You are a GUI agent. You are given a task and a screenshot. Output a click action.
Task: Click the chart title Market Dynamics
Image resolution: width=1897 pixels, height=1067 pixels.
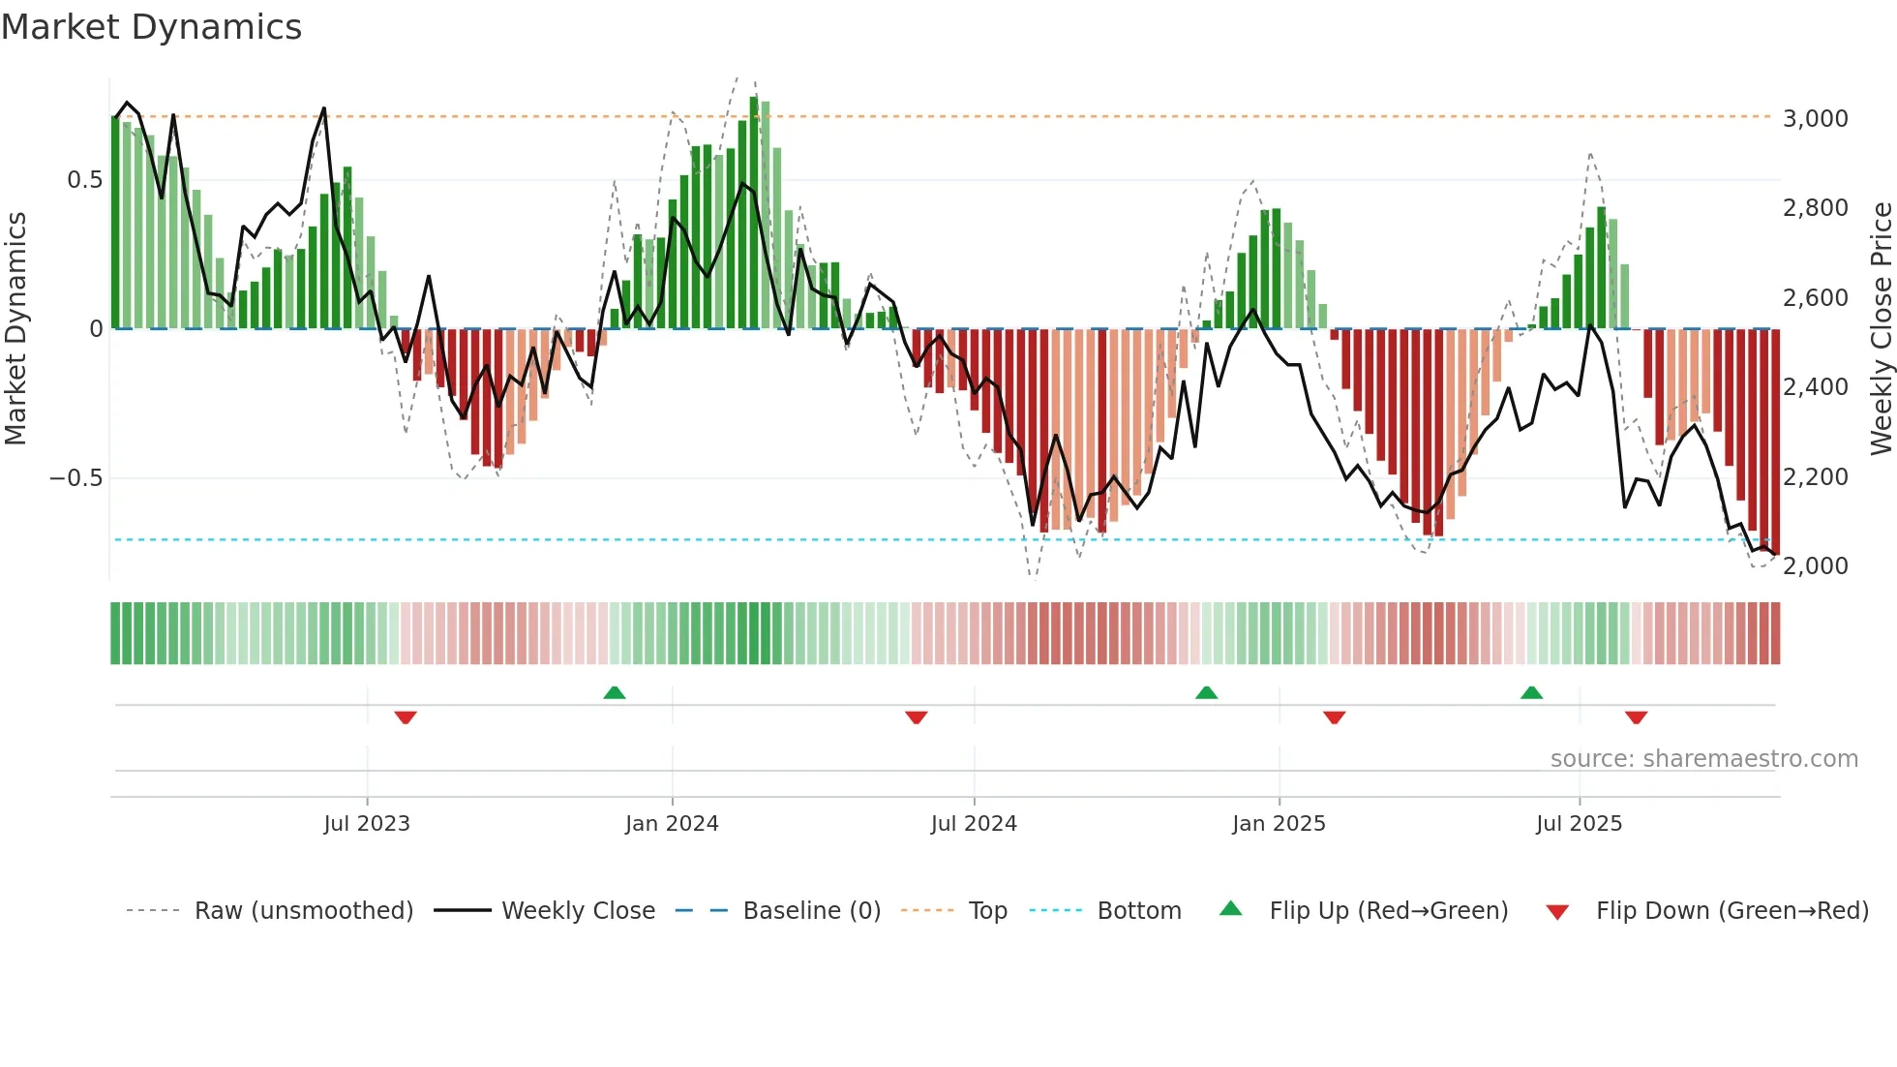coord(151,27)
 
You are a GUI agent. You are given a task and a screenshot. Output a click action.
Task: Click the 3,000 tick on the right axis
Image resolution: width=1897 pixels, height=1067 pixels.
coord(1815,118)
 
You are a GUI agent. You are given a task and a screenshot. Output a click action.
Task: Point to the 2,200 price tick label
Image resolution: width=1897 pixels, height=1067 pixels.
coord(1815,476)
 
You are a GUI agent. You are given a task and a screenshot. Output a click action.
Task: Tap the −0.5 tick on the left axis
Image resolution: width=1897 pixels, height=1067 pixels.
coord(75,478)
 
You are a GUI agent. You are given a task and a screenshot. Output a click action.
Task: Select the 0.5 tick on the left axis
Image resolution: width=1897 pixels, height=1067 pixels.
coord(84,180)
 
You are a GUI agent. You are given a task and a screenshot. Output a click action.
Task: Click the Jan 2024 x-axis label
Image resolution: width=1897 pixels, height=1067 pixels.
coord(672,824)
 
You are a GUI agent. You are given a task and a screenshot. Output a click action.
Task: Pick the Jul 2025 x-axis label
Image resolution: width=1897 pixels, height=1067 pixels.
coord(1579,824)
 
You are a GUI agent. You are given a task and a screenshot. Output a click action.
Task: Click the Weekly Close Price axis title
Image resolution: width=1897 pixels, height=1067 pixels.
coord(1881,328)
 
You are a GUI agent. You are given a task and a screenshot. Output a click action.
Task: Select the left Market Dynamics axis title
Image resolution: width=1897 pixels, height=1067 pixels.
coord(15,328)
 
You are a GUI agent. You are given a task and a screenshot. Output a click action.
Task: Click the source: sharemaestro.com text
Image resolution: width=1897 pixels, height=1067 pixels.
coord(1703,759)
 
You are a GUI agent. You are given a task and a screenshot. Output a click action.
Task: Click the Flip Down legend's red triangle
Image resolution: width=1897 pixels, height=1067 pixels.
coord(1557,912)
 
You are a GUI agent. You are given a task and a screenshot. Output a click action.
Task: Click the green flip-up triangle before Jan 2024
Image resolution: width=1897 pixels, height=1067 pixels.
coord(614,693)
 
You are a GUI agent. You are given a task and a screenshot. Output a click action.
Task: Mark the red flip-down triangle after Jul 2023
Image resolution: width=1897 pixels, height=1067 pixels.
coord(406,717)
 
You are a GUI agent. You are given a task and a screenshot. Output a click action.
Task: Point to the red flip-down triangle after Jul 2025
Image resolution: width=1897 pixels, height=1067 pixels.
coord(1636,717)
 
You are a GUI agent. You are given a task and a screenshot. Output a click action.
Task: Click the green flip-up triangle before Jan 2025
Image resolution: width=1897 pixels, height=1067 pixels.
coord(1206,693)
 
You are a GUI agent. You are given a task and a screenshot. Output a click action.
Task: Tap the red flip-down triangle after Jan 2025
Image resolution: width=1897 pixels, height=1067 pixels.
coord(1334,717)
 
